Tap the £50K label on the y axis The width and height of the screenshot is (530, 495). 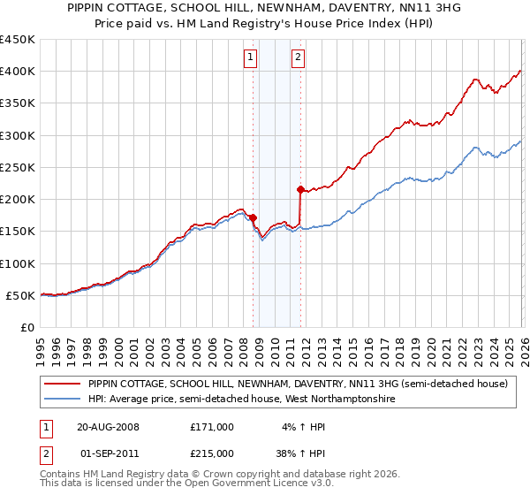pyautogui.click(x=19, y=295)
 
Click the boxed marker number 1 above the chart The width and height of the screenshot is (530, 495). pyautogui.click(x=251, y=58)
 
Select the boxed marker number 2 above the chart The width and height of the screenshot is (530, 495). pyautogui.click(x=298, y=58)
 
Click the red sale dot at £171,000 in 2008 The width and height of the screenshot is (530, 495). pyautogui.click(x=253, y=217)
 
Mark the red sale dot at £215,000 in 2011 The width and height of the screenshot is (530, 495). pyautogui.click(x=300, y=189)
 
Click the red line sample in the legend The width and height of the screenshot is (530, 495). pyautogui.click(x=62, y=385)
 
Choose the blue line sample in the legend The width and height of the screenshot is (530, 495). pyautogui.click(x=62, y=400)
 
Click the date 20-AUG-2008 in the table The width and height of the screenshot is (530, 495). pyautogui.click(x=108, y=426)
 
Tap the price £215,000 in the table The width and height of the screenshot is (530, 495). pyautogui.click(x=212, y=453)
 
